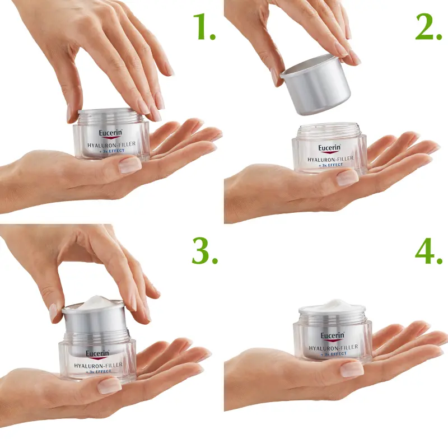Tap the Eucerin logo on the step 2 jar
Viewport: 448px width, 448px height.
coord(329,148)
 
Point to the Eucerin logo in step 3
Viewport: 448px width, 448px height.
coord(97,354)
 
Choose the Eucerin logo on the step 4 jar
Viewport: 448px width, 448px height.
coord(332,336)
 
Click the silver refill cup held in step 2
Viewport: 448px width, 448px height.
coord(316,84)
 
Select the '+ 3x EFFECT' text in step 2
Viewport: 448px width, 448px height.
coord(330,165)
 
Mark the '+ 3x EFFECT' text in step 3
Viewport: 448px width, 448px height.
coord(97,371)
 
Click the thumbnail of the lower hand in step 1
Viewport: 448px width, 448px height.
coord(129,165)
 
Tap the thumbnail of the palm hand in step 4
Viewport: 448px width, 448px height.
coord(352,368)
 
